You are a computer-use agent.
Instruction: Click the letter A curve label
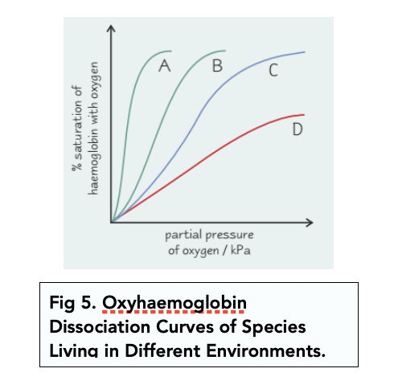(166, 66)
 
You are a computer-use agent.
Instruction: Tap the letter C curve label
(273, 72)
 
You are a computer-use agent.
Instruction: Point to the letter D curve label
(297, 129)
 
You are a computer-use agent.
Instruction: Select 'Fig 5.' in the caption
(72, 303)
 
